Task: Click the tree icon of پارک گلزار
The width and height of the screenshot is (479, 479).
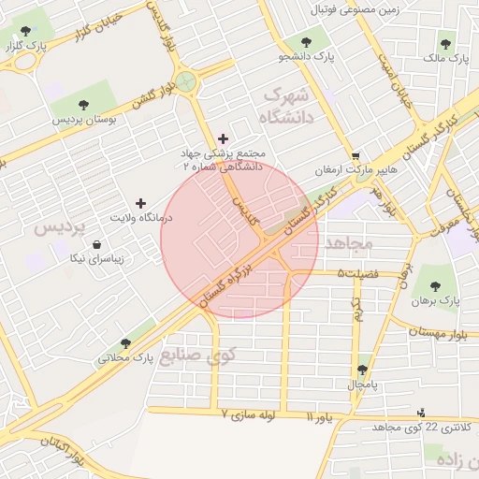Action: click(x=25, y=31)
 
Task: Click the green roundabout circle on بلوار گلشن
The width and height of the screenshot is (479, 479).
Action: click(x=188, y=81)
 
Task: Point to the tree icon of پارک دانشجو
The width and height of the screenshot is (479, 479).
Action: click(x=305, y=42)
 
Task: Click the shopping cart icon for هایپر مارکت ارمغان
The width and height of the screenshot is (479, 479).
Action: click(x=355, y=156)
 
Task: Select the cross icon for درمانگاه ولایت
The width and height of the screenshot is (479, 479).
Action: click(x=141, y=202)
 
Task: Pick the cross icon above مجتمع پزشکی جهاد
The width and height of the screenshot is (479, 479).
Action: click(x=223, y=138)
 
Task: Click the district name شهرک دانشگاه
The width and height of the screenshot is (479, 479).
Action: click(x=286, y=106)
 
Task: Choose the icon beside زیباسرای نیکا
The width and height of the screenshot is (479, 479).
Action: click(x=97, y=244)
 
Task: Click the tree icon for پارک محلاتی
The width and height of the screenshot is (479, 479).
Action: click(x=125, y=343)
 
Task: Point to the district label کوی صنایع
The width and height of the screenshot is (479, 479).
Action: click(x=198, y=356)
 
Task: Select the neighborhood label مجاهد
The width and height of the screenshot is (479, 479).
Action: click(x=347, y=243)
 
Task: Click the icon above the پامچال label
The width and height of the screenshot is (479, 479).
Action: click(x=362, y=370)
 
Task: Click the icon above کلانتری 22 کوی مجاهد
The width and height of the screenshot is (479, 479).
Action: click(x=420, y=412)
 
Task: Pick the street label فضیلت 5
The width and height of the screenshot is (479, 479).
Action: click(x=358, y=273)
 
